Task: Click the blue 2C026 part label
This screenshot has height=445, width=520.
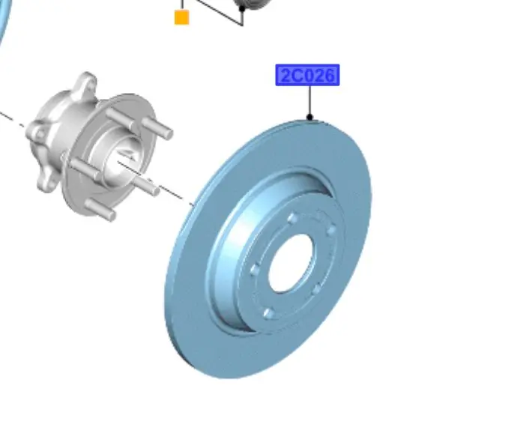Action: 307,75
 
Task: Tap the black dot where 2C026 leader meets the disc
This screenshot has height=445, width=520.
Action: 309,117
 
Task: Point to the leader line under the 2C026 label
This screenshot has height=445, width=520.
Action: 309,100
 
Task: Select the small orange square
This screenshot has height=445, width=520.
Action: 182,17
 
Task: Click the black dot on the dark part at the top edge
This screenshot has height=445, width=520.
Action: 242,8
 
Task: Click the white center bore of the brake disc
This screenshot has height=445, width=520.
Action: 291,263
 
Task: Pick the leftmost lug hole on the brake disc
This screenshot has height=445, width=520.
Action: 255,270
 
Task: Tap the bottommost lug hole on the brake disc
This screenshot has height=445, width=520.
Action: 268,313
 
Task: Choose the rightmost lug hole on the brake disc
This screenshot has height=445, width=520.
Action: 331,230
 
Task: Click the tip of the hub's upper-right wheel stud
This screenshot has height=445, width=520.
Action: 169,133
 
